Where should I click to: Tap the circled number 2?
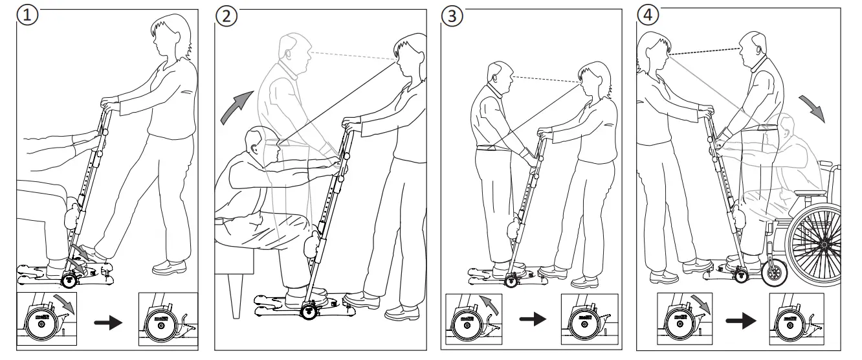pyautogui.click(x=226, y=16)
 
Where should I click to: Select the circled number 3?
pyautogui.click(x=452, y=16)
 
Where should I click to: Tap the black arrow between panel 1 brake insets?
pyautogui.click(x=108, y=322)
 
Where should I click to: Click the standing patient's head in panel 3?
pyautogui.click(x=498, y=78)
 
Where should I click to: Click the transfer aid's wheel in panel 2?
pyautogui.click(x=309, y=312)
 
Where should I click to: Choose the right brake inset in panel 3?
pyautogui.click(x=586, y=319)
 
